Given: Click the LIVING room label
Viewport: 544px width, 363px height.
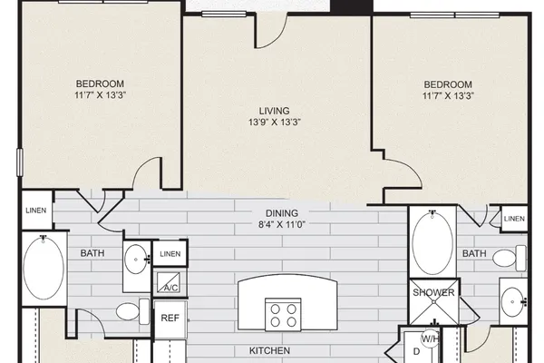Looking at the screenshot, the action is click(x=274, y=111).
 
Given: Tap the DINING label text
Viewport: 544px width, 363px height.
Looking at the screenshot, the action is click(x=282, y=213).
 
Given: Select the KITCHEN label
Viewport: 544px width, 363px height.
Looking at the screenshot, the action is click(x=269, y=350).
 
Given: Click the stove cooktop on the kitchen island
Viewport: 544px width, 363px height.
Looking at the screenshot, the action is click(x=283, y=314).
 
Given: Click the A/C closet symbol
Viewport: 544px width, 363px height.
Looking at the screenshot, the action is click(x=169, y=282).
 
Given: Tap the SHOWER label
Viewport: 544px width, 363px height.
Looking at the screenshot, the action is click(x=433, y=292).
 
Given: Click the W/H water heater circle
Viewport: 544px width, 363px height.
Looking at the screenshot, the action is click(x=430, y=338).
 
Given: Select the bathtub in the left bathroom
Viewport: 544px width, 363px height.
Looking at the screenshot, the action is click(x=44, y=268).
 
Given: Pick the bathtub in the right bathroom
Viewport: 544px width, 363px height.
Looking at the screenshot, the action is click(x=432, y=243).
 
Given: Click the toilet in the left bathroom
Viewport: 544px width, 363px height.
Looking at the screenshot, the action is click(x=132, y=311).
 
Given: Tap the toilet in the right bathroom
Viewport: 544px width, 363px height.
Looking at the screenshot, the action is click(x=510, y=258).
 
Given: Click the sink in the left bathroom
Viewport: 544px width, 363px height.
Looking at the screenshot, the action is click(x=136, y=260).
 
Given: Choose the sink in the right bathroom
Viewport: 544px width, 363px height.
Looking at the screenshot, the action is click(x=513, y=302).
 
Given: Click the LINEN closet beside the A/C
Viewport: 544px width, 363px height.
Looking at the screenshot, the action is click(x=170, y=253).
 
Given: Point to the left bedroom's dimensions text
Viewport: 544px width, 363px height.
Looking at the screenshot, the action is click(x=100, y=94).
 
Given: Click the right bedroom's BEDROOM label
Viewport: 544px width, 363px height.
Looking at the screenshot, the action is click(x=448, y=84).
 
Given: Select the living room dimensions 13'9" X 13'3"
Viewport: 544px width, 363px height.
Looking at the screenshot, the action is click(x=274, y=122).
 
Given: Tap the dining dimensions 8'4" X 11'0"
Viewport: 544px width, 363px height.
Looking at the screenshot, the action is click(x=282, y=224).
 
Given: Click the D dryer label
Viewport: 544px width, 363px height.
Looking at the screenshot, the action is click(x=417, y=351).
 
